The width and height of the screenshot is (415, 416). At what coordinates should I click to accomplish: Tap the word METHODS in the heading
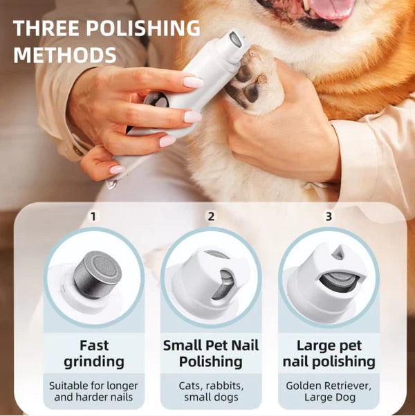pyautogui.click(x=64, y=55)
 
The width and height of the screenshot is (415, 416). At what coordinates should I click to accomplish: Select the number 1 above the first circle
pyautogui.click(x=93, y=217)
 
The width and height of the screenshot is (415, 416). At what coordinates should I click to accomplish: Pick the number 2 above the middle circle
pyautogui.click(x=211, y=217)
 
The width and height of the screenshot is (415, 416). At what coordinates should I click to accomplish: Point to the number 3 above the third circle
pyautogui.click(x=329, y=217)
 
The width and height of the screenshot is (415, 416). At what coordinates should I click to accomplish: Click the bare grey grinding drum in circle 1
pyautogui.click(x=98, y=274)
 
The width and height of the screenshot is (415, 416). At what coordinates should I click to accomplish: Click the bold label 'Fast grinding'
pyautogui.click(x=94, y=352)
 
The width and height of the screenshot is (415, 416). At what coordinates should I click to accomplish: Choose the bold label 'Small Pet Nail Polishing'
pyautogui.click(x=211, y=352)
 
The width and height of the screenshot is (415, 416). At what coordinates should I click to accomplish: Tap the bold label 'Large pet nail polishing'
pyautogui.click(x=329, y=352)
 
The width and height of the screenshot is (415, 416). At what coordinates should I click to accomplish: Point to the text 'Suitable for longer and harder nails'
pyautogui.click(x=94, y=391)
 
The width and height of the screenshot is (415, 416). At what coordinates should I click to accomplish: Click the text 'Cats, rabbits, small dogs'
pyautogui.click(x=211, y=391)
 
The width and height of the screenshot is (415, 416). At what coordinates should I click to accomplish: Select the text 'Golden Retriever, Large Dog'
pyautogui.click(x=329, y=391)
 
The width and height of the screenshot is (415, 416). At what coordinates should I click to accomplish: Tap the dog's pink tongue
pyautogui.click(x=331, y=9)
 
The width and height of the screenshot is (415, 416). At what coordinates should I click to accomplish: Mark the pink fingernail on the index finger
pyautogui.click(x=193, y=82)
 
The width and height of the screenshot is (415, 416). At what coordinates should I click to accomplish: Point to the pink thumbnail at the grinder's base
pyautogui.click(x=118, y=169)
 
